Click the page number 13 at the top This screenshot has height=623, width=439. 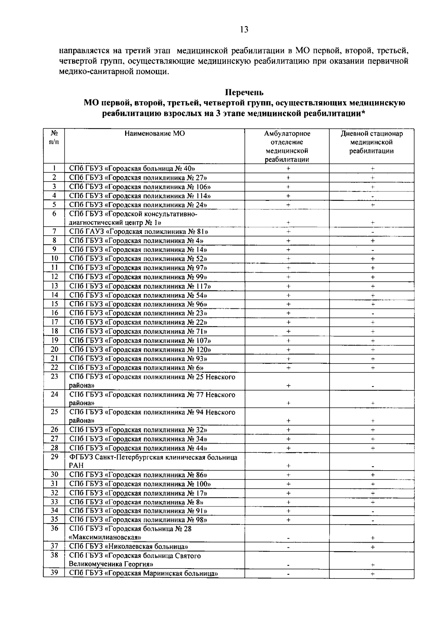(x=244, y=30)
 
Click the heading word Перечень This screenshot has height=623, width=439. (x=244, y=93)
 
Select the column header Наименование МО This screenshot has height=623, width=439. (x=154, y=134)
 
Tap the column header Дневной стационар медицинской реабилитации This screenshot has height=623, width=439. (x=371, y=143)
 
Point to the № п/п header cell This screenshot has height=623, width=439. (x=54, y=138)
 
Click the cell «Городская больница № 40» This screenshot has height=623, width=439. (x=132, y=169)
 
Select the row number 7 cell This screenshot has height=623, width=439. (x=54, y=231)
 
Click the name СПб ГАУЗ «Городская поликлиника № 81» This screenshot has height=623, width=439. (x=139, y=232)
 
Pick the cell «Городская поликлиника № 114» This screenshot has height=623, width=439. (x=140, y=196)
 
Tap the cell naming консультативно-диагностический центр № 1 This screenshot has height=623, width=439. (x=134, y=218)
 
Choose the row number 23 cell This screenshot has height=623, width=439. (x=54, y=376)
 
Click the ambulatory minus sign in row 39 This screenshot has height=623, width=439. (x=288, y=574)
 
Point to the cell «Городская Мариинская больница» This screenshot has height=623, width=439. (x=143, y=573)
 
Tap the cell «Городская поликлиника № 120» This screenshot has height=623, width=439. (x=140, y=350)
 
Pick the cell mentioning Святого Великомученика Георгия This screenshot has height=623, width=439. (x=135, y=560)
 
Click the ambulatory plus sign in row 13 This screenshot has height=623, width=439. (x=288, y=286)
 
